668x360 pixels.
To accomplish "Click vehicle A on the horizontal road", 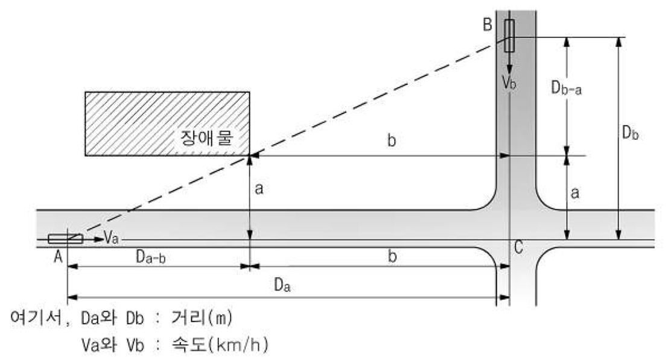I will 65,238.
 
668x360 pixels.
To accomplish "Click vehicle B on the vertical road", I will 510,35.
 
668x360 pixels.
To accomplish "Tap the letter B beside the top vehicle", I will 488,25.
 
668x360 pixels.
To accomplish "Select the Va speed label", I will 110,239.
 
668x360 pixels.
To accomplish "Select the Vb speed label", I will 509,83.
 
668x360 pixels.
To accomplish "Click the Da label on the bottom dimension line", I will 283,286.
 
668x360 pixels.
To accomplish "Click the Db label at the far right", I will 630,134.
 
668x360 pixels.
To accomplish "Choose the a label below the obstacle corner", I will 259,189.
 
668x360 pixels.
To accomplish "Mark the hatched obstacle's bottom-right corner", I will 250,156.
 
